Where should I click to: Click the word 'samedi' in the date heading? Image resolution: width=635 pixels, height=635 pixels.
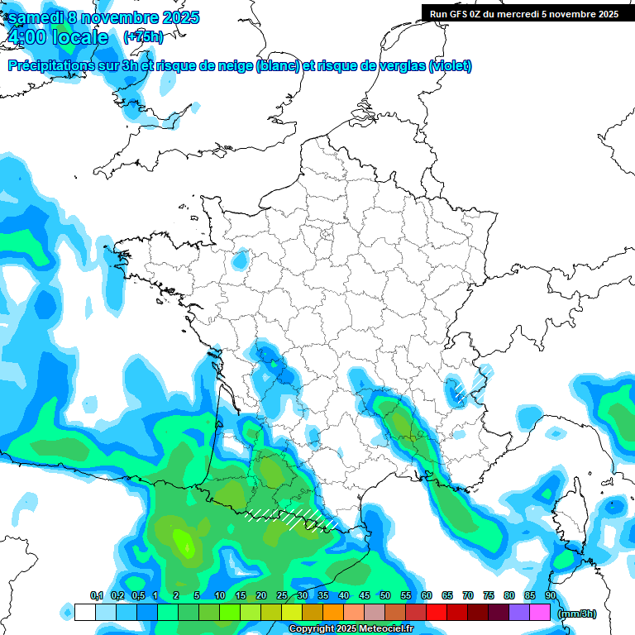pos(35,17)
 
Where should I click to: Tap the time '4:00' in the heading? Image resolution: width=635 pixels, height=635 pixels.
pos(28,37)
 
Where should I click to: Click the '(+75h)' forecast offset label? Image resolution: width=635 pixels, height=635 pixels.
pos(143,37)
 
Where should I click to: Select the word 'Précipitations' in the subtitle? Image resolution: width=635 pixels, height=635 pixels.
pos(49,66)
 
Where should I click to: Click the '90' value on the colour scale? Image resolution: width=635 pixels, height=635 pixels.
pos(551,595)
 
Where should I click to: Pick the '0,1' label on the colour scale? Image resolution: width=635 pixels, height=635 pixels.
pos(96,595)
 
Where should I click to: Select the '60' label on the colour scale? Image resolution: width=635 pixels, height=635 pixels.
pos(427,595)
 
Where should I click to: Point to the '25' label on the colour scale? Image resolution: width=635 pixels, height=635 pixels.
pos(282,595)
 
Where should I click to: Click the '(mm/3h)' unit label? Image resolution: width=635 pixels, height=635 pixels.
pos(578,614)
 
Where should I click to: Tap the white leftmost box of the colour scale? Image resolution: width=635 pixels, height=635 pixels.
pos(85,613)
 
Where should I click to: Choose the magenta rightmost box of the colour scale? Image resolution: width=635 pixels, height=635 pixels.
pos(540,613)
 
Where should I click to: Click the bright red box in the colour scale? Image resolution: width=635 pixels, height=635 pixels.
pos(437,613)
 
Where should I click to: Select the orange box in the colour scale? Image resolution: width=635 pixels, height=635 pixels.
pos(333,613)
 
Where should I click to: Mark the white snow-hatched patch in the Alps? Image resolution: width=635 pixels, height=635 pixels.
pos(456,389)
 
